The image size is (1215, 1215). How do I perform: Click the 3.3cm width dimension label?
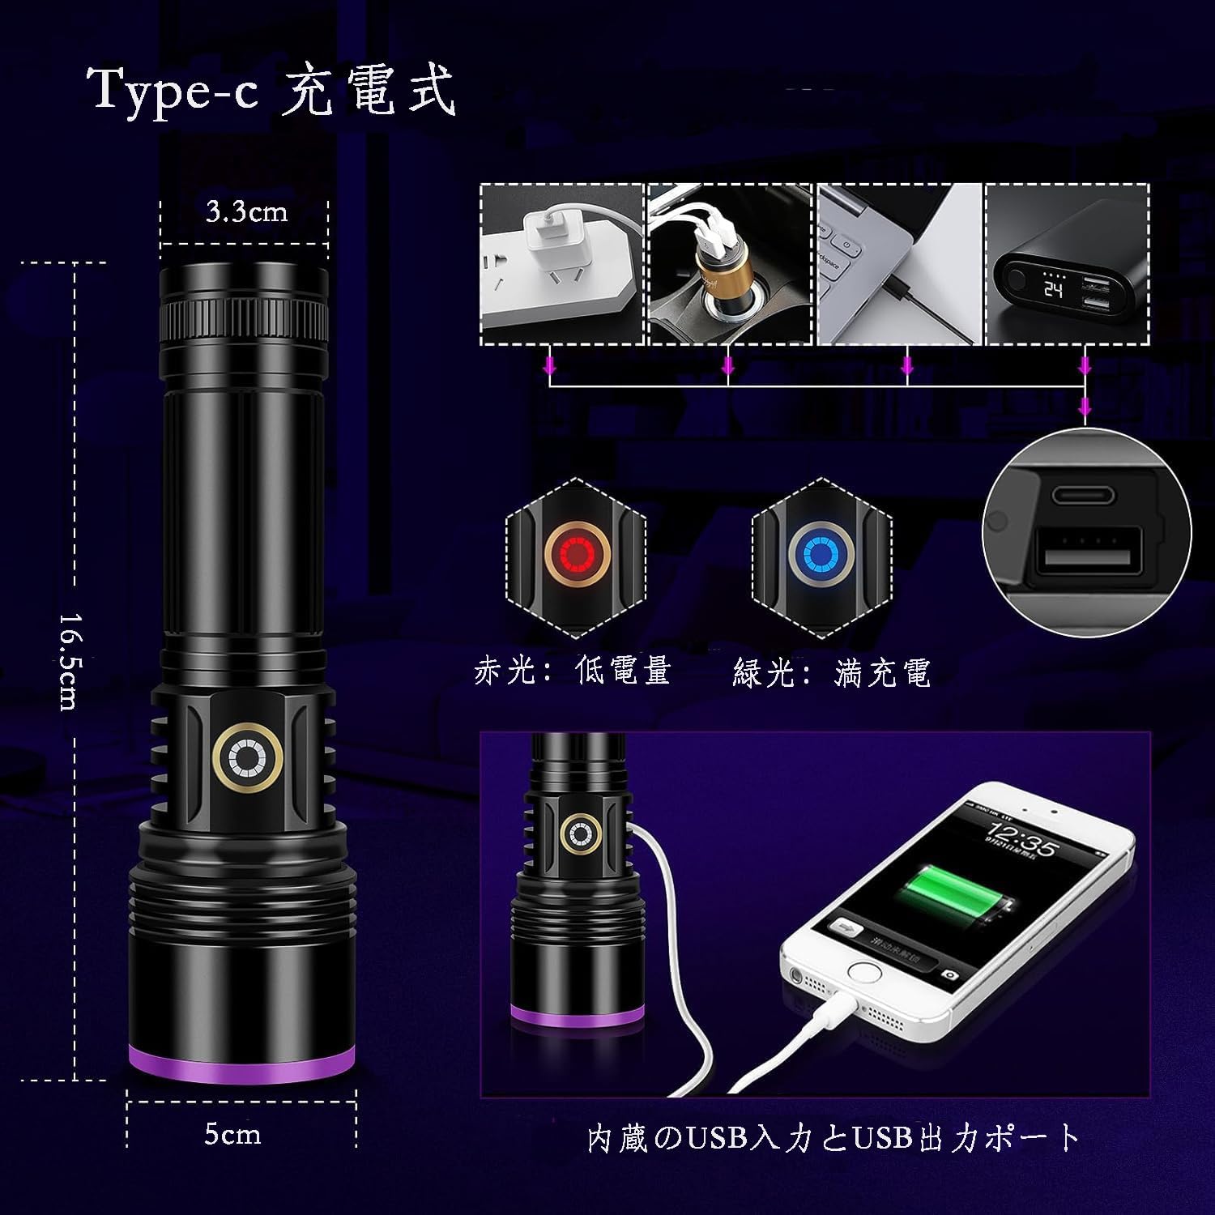[x=246, y=212]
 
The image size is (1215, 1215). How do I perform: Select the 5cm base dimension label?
[x=232, y=1134]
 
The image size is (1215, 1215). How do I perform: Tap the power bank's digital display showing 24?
[x=1053, y=288]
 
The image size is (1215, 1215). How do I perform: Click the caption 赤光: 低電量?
[x=573, y=671]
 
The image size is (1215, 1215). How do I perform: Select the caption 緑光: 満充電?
[x=832, y=671]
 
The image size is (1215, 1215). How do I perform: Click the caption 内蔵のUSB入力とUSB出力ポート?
[x=834, y=1137]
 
